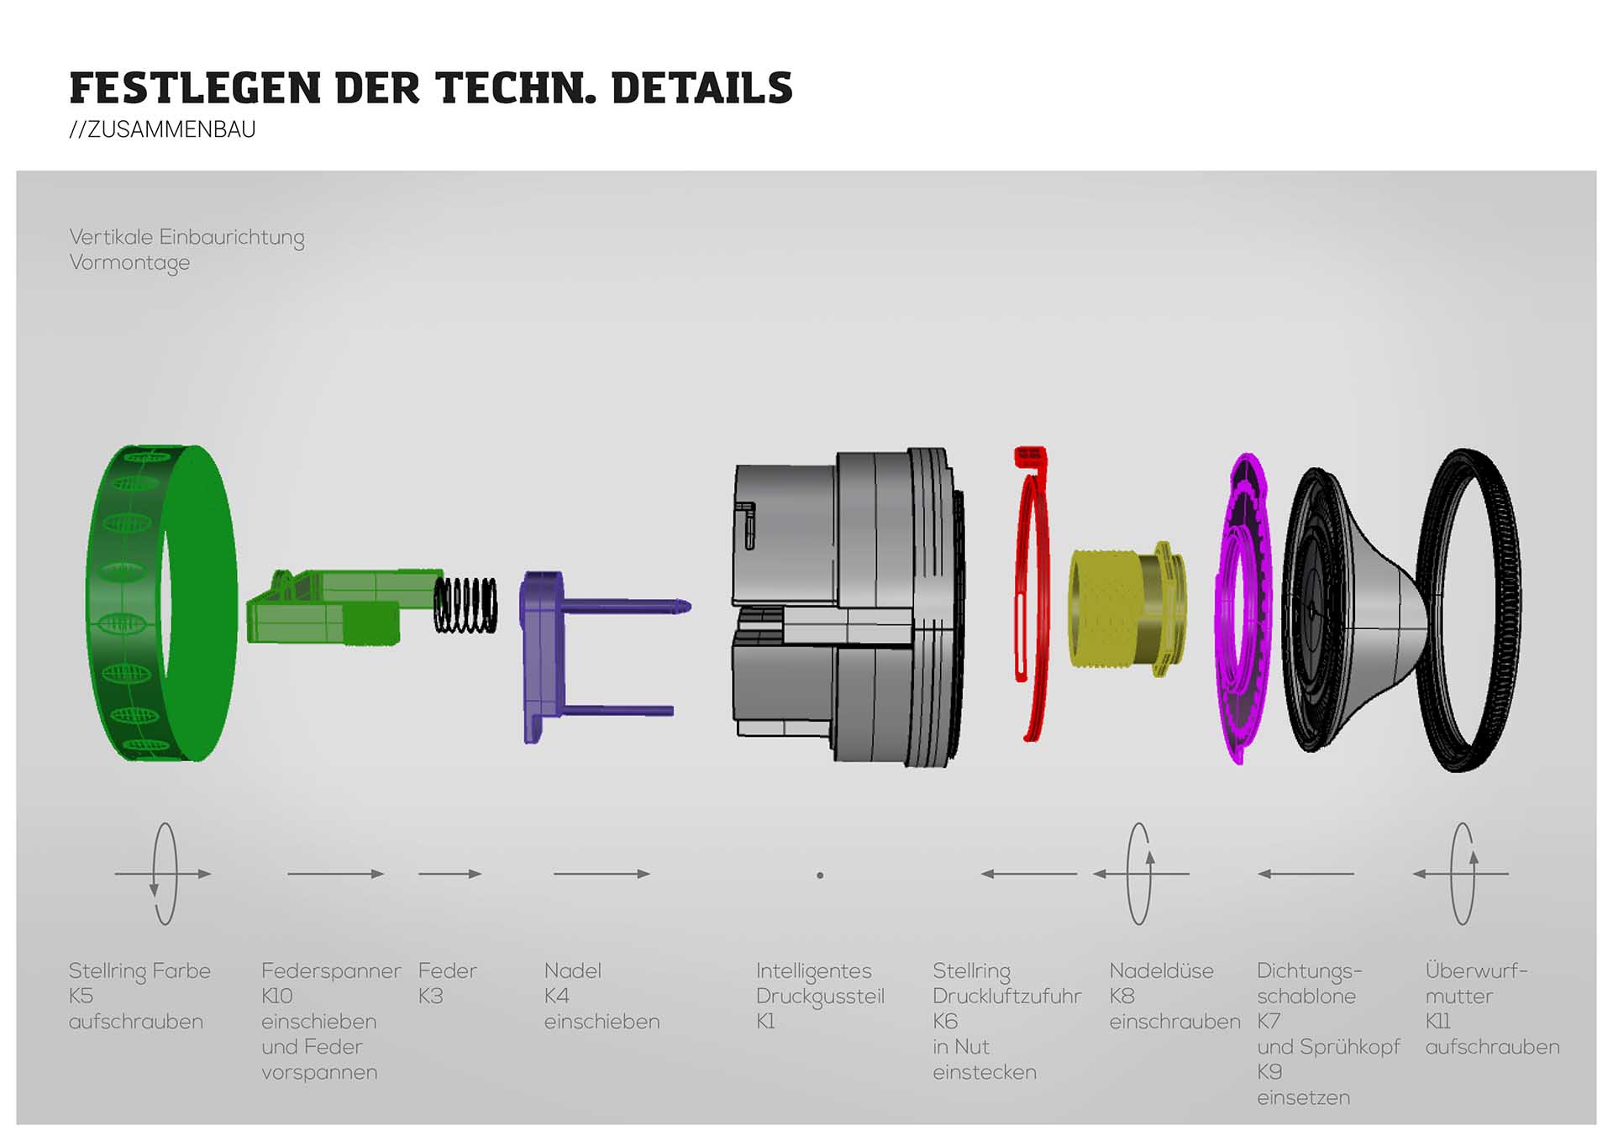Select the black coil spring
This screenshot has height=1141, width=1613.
click(465, 604)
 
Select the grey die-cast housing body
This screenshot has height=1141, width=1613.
click(849, 605)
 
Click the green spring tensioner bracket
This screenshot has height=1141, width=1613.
click(328, 607)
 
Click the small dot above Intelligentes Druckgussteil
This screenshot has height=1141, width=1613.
click(820, 875)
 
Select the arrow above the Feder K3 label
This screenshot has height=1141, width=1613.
click(449, 874)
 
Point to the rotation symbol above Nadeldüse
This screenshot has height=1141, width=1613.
click(1140, 874)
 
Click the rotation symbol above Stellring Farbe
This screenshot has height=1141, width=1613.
click(164, 874)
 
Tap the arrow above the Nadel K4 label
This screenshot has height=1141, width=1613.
click(602, 874)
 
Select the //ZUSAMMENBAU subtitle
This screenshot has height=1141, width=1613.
click(162, 129)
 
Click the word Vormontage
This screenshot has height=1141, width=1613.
click(129, 263)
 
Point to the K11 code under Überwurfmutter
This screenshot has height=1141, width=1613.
click(1437, 1022)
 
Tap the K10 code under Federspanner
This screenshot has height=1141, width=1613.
click(276, 996)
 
